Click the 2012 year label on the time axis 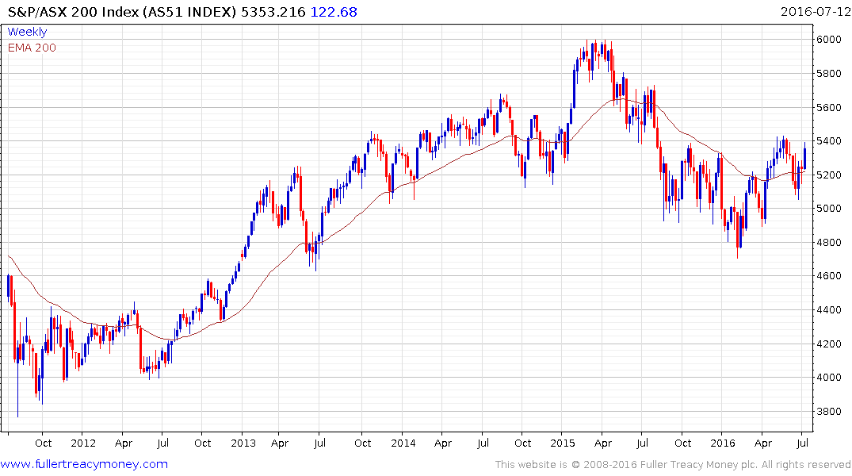pos(83,443)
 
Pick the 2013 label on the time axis pos(243,443)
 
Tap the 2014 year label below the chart pos(403,443)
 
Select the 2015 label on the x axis pos(564,443)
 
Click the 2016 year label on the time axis pos(723,443)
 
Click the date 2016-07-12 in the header pos(814,12)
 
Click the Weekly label pos(27,32)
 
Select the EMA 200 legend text pos(32,47)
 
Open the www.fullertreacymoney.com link pos(84,464)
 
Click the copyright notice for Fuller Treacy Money pos(673,465)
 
